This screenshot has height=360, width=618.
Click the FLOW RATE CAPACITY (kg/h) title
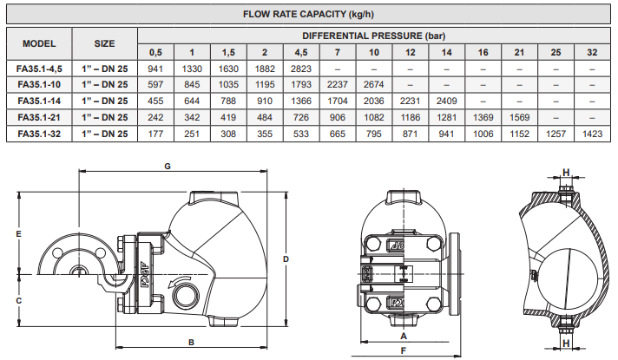pos(308,15)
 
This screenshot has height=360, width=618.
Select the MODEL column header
pos(39,43)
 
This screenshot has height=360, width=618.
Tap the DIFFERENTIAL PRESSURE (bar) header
pos(373,36)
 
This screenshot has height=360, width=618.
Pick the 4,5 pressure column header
pos(301,52)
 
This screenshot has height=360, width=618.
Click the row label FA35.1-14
pos(39,101)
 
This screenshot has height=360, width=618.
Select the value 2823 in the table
pos(301,69)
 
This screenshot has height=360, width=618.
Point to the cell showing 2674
pos(373,85)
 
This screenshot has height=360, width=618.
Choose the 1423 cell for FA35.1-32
pos(592,134)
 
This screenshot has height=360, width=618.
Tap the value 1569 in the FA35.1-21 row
pos(519,117)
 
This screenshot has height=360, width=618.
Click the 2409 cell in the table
pos(446,101)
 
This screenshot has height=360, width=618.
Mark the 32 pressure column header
pos(592,52)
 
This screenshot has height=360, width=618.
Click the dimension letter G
pos(168,167)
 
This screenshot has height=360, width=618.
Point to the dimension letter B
pos(191,343)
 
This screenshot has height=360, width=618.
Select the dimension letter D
pos(286,259)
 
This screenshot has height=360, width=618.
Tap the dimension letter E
pos(18,234)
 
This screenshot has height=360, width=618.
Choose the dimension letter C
pos(18,301)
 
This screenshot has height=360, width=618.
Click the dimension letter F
pos(404,350)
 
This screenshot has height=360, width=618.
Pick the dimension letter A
pos(404,336)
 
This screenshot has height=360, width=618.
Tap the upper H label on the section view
pos(566,173)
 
